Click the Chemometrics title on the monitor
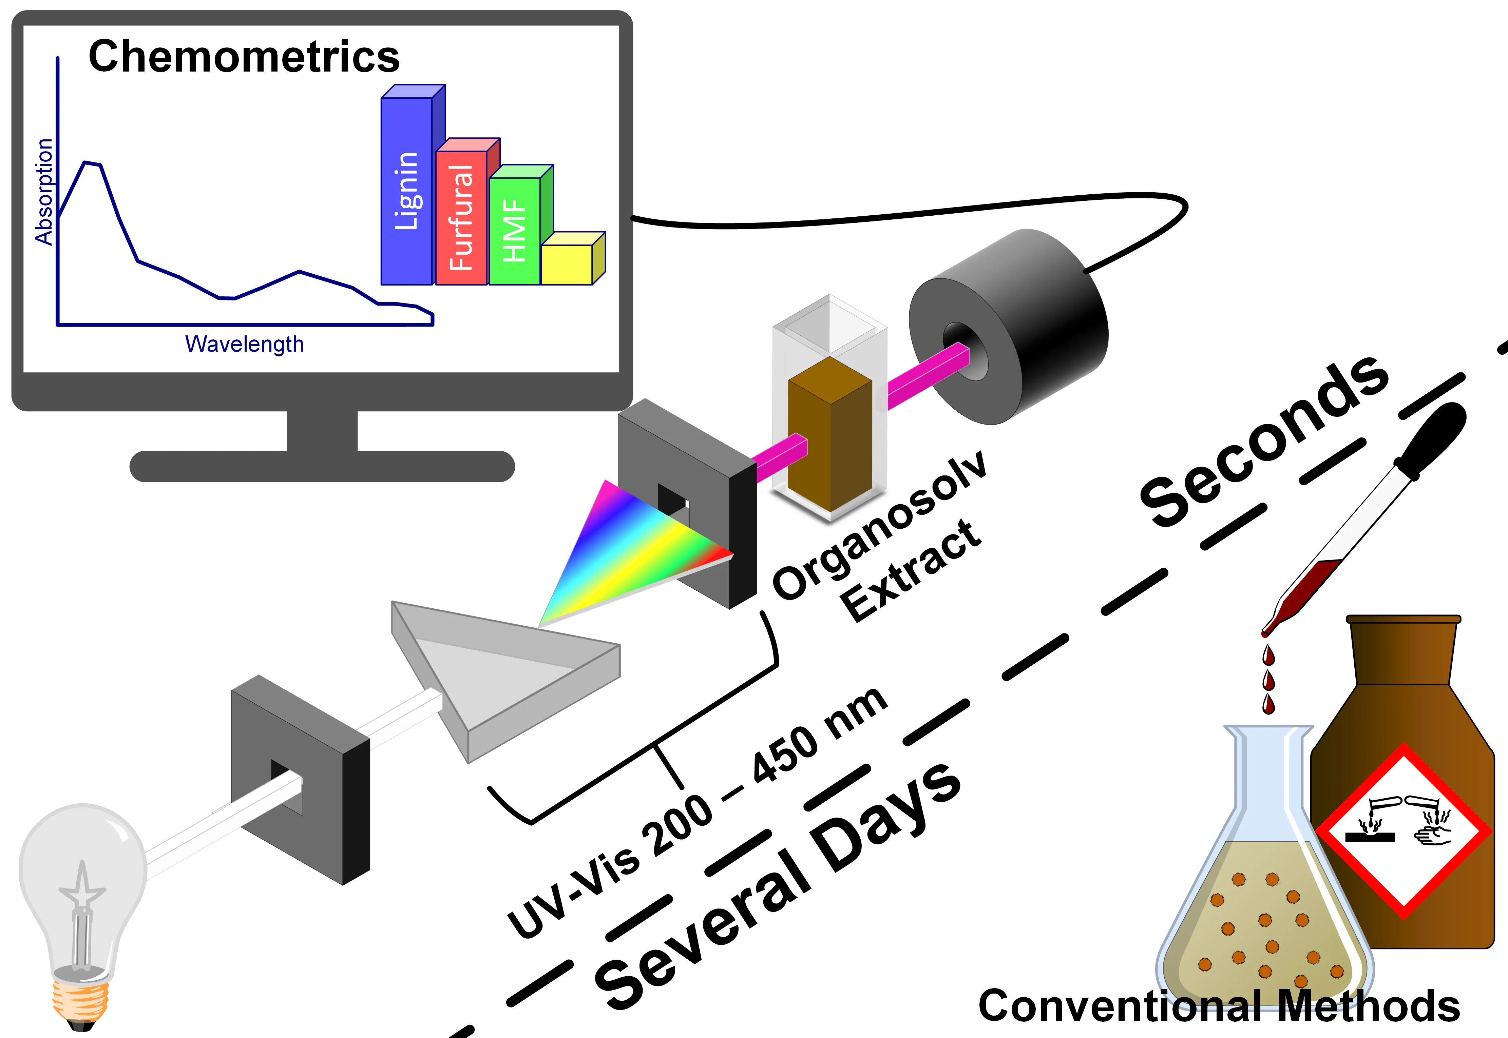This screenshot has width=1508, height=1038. click(x=244, y=57)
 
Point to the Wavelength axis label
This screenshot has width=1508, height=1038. click(x=245, y=344)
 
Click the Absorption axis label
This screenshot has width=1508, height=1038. click(x=44, y=192)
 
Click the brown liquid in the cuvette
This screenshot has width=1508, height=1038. click(x=829, y=436)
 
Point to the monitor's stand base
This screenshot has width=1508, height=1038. click(x=322, y=466)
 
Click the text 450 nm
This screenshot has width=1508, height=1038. click(x=820, y=735)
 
